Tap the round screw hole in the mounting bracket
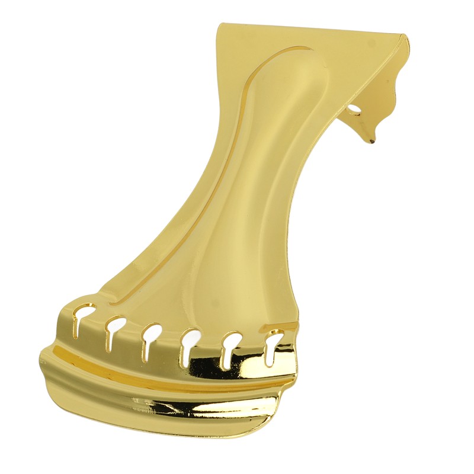(x=354, y=110)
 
